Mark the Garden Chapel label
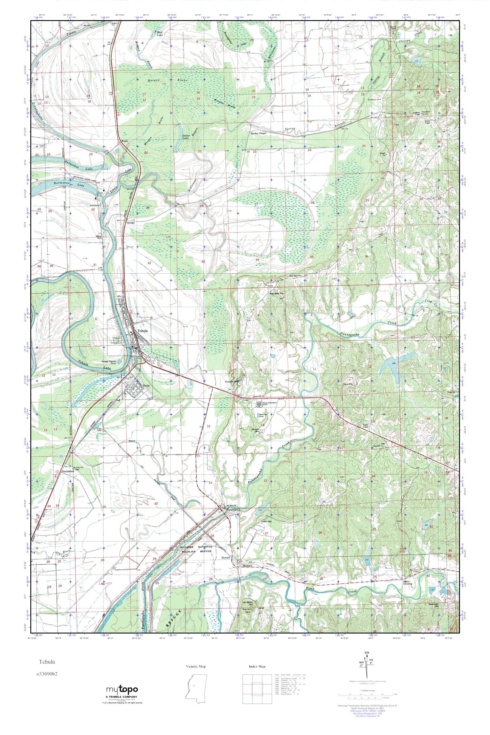[x=258, y=133]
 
